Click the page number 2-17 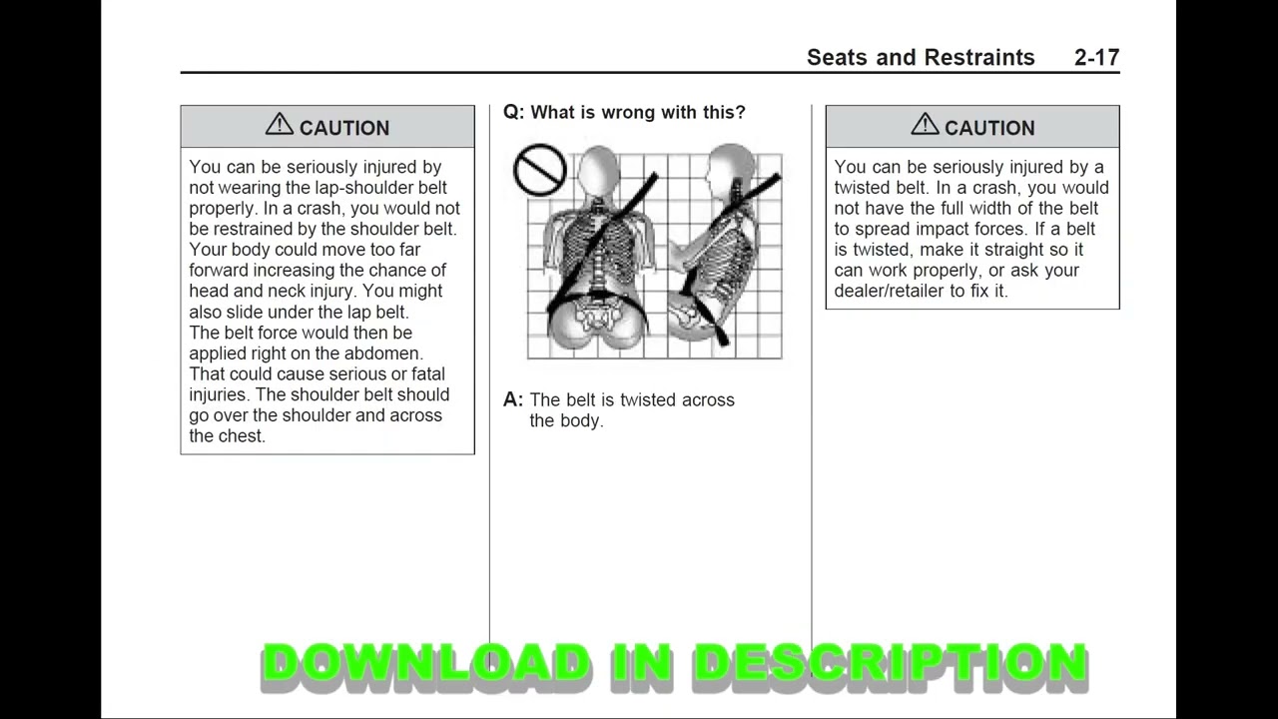(1096, 58)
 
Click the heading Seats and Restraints (920, 58)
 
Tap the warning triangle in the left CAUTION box (279, 125)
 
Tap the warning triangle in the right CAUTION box (925, 125)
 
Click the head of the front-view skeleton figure (598, 169)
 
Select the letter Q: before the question (513, 113)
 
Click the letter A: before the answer (513, 400)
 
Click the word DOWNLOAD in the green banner (425, 664)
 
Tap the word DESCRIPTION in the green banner (889, 664)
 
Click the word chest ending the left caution (241, 436)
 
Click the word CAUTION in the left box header (343, 128)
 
